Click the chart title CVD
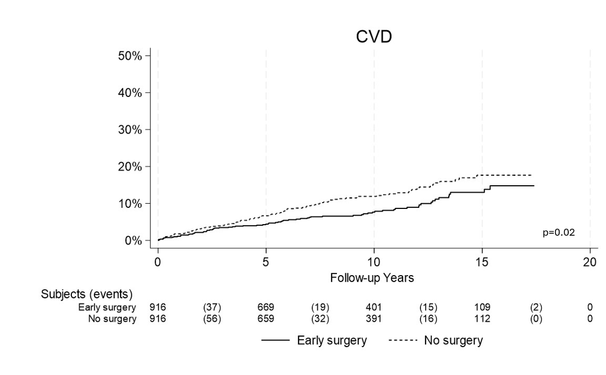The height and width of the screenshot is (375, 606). coord(373,37)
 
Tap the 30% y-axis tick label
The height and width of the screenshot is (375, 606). coord(130,129)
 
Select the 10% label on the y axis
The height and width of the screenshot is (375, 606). coord(130,204)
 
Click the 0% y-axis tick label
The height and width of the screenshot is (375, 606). coord(133,241)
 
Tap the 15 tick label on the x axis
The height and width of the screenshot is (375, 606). coord(482,262)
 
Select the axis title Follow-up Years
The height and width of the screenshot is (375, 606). coord(372,278)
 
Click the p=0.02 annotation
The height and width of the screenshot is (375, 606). coord(558,233)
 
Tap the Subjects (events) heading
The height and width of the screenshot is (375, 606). coord(86,294)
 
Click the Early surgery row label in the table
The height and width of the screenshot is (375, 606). coord(107,307)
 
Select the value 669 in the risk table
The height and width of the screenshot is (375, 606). coord(266,307)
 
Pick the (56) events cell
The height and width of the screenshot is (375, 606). coord(212,319)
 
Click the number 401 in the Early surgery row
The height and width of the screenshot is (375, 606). coord(373,307)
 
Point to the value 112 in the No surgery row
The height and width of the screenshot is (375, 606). coord(482,319)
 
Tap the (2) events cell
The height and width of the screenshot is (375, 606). coord(536,307)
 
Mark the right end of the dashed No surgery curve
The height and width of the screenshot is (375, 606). coord(531,175)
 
